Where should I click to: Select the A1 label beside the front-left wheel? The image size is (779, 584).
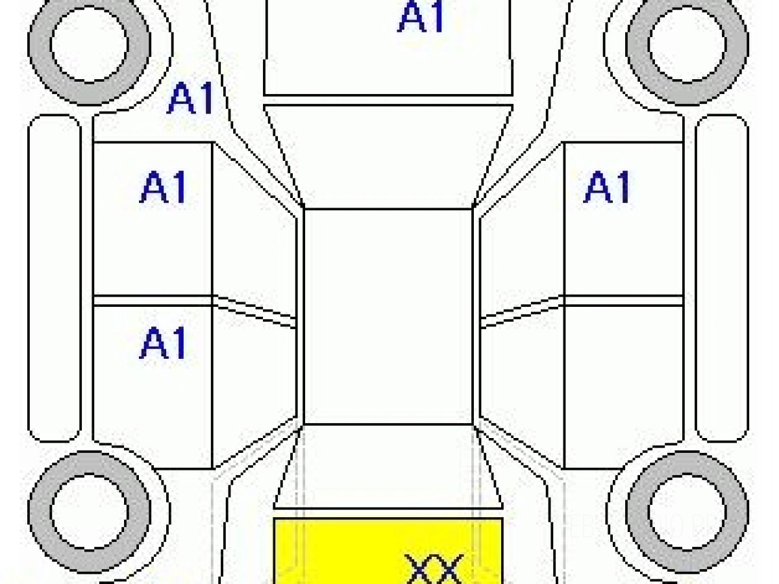pos(190,99)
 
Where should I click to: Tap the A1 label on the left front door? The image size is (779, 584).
pos(163,189)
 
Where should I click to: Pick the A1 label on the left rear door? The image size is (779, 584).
pos(163,343)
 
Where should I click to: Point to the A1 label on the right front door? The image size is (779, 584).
pos(607,188)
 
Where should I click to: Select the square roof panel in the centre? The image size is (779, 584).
pos(388,316)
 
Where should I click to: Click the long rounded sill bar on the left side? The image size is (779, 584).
pos(55,279)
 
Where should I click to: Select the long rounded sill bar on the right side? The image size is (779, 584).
pos(722,279)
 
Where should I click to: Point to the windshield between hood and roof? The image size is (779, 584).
pos(388,156)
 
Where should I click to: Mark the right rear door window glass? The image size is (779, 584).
pos(521,383)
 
